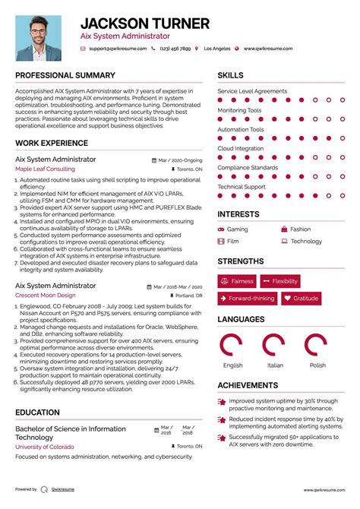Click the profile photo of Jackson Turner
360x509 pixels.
pos(40,38)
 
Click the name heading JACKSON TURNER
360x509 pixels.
pos(144,24)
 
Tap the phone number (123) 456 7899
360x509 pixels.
pos(175,49)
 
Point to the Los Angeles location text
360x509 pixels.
pos(217,49)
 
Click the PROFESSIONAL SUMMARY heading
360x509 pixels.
pos(65,75)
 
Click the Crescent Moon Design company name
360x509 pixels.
pos(45,295)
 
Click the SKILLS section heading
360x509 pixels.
pos(231,75)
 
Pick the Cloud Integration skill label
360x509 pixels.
pos(241,148)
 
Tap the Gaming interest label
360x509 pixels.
pos(237,229)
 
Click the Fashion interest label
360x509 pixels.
pos(300,229)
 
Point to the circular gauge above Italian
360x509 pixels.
pos(274,346)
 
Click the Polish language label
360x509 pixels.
pos(317,365)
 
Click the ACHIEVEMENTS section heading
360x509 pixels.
pos(247,385)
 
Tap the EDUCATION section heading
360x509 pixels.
pos(37,413)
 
